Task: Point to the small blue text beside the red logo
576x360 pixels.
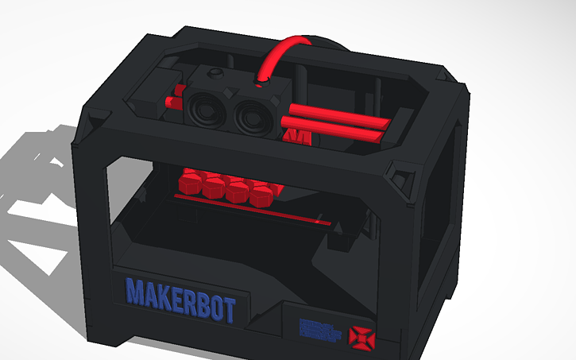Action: [322, 330]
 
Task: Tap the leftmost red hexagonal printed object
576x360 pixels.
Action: [190, 185]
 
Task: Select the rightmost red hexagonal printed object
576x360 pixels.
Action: [261, 195]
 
